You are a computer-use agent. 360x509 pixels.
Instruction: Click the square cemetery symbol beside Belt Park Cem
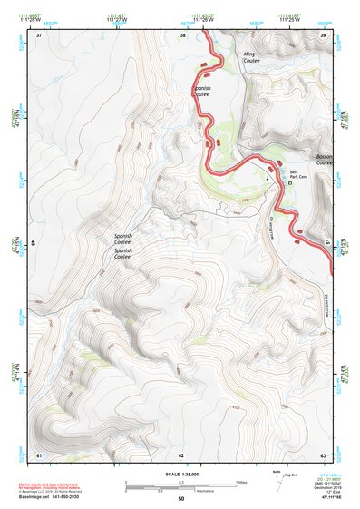(290, 182)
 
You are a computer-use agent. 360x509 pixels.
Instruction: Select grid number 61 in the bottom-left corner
(39, 454)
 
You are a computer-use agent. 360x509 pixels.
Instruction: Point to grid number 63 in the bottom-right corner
(322, 454)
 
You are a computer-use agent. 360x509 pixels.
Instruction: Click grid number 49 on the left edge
(34, 244)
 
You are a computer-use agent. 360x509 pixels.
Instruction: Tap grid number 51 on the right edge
(327, 243)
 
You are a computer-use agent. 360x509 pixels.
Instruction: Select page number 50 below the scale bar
(181, 498)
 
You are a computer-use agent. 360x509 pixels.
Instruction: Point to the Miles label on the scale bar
(241, 481)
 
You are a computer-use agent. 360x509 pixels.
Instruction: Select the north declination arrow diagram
(277, 482)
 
